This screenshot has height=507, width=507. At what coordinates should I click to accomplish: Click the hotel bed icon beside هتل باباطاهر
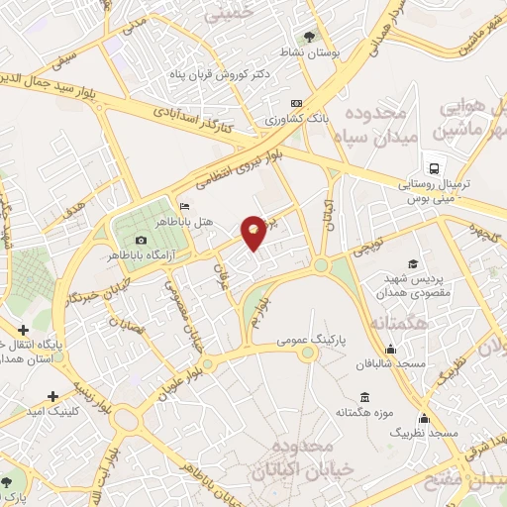click(185, 206)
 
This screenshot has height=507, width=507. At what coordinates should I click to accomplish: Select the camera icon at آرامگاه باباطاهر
click(141, 241)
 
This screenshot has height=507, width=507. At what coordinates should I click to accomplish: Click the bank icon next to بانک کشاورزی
click(294, 103)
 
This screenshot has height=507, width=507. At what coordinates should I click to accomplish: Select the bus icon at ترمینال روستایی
click(433, 166)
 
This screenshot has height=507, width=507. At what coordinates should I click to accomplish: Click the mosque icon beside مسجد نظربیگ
click(424, 418)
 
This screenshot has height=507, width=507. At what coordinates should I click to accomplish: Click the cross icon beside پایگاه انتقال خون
click(23, 329)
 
